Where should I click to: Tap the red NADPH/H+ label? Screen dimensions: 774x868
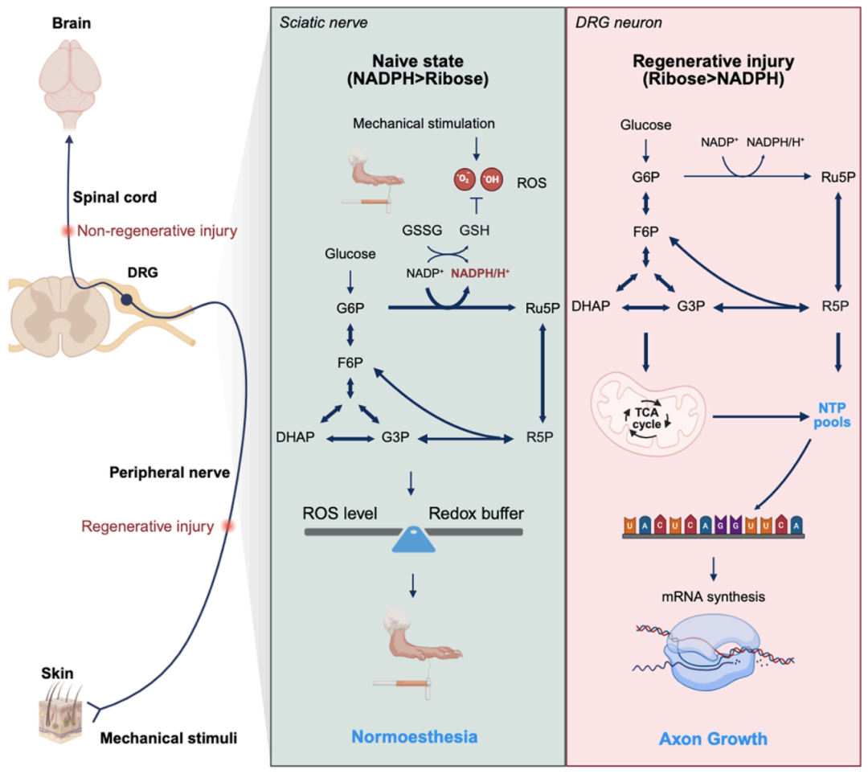481,272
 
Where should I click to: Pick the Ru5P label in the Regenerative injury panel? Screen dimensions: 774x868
835,176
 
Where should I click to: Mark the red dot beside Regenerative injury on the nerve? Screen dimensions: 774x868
228,526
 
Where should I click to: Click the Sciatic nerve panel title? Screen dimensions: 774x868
323,22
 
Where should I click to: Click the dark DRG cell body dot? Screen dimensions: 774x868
127,301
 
